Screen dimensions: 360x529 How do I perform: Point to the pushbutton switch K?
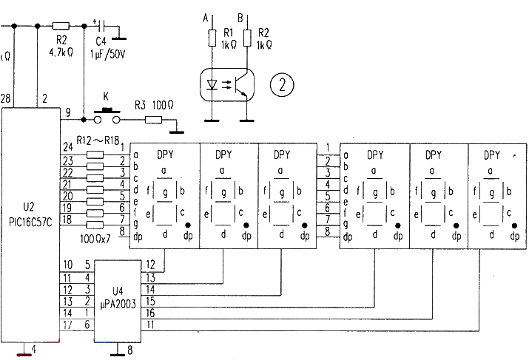105,115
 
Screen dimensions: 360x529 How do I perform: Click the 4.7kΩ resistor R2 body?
61,25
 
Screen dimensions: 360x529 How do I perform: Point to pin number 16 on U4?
151,313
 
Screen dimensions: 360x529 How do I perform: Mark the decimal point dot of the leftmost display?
188,224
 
